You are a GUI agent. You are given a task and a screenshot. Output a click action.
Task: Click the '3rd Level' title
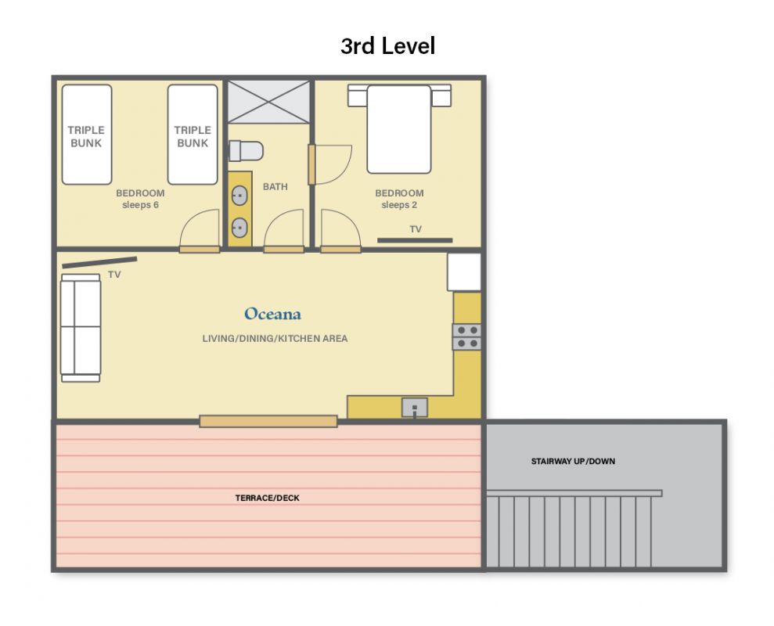[x=388, y=46]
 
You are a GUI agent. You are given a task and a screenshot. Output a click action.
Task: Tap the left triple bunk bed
[x=87, y=135]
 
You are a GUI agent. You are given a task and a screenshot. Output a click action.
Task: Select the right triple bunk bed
[x=193, y=135]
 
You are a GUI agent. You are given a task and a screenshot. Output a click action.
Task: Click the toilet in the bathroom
[x=246, y=151]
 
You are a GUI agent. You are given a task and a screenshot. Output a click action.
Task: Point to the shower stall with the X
[x=268, y=103]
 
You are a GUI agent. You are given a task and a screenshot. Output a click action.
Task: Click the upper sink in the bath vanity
[x=239, y=196]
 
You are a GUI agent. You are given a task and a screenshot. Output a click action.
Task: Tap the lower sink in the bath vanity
[x=239, y=228]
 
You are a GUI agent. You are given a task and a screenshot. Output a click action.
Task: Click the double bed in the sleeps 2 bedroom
[x=399, y=129]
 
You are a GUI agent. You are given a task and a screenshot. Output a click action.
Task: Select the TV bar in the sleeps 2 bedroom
[x=415, y=240]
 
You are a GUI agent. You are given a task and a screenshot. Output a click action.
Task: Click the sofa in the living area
[x=81, y=328]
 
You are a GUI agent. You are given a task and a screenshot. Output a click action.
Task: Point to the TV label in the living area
[x=114, y=275]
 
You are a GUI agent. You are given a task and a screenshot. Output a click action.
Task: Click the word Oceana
[x=272, y=314]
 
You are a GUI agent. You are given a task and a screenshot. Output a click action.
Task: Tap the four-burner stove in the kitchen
[x=467, y=336]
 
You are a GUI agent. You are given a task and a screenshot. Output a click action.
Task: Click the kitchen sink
[x=415, y=408]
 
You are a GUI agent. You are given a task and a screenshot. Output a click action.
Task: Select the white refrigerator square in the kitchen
[x=464, y=272]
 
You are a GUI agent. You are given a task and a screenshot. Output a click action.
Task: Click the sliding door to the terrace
[x=268, y=421]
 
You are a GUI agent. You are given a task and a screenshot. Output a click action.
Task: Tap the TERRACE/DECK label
[x=268, y=498]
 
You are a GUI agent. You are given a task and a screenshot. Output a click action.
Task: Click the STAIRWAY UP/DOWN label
[x=573, y=461]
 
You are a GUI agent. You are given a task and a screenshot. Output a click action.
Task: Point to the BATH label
[x=275, y=186]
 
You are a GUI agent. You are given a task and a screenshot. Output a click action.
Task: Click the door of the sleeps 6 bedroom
[x=200, y=250]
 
